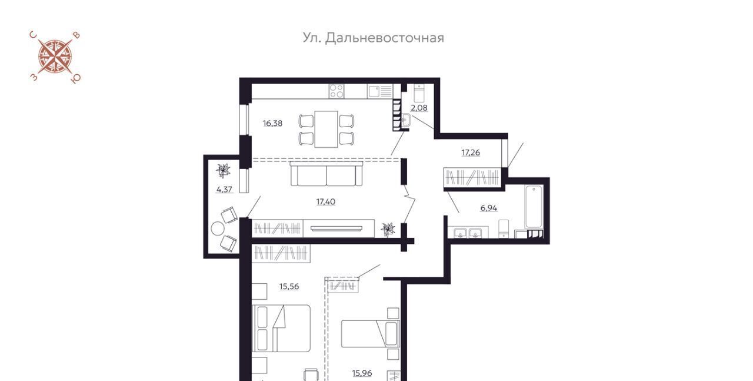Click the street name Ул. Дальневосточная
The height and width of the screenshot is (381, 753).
[373, 38]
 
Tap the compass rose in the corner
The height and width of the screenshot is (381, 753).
[55, 57]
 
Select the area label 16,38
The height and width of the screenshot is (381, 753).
[272, 124]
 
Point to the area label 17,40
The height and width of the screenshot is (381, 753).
[326, 201]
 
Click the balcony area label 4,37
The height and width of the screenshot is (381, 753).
[224, 190]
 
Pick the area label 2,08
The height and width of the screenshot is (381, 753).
[419, 108]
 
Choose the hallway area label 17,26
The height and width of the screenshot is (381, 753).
[471, 153]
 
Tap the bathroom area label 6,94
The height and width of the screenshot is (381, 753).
[489, 208]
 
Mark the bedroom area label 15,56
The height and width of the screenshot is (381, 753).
[289, 286]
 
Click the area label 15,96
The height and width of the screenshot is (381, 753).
[362, 373]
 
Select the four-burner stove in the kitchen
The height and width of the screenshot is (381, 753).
[336, 91]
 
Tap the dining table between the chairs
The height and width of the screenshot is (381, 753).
[326, 129]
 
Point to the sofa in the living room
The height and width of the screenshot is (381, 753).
[326, 174]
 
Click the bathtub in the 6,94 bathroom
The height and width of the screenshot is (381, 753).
[534, 207]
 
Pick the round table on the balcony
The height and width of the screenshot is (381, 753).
[218, 229]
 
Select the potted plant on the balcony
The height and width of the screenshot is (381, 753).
[223, 170]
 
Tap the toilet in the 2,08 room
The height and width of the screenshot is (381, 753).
[419, 93]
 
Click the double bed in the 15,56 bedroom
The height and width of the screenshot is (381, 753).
[281, 329]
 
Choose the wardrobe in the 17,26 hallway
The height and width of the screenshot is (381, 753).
[472, 177]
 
